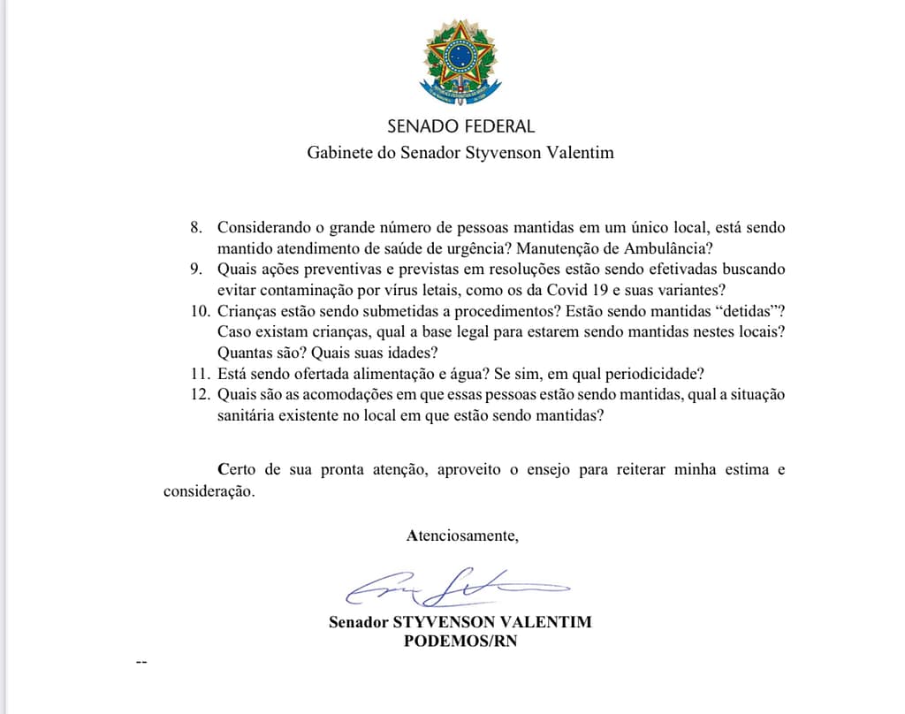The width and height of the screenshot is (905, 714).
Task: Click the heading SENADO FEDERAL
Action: tap(460, 126)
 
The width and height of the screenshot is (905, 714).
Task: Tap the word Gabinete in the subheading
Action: tap(338, 153)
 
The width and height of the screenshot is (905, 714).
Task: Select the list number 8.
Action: tap(197, 227)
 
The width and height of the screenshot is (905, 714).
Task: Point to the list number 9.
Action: tap(197, 269)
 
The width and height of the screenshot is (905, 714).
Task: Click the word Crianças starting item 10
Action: tap(247, 310)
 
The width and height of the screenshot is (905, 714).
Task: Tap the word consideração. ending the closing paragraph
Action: tap(209, 491)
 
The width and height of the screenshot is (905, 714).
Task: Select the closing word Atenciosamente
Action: tap(462, 535)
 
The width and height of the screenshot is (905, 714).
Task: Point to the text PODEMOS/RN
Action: tap(460, 642)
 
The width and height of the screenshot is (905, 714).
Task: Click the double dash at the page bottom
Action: tap(141, 661)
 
